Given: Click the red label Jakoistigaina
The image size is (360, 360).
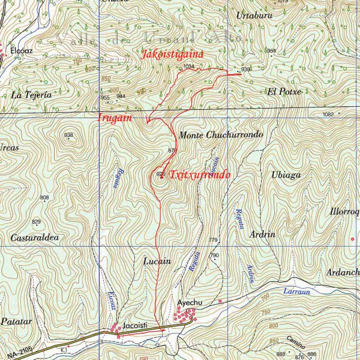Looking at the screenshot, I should pyautogui.click(x=173, y=54).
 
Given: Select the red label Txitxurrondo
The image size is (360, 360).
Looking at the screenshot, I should pyautogui.click(x=200, y=175).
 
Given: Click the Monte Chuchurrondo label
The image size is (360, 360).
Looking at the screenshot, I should pyautogui.click(x=221, y=136).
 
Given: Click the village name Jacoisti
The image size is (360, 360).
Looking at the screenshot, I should pyautogui.click(x=135, y=326).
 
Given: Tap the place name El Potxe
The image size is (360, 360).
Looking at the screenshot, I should pyautogui.click(x=284, y=91).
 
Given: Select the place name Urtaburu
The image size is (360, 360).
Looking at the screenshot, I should pyautogui.click(x=255, y=14).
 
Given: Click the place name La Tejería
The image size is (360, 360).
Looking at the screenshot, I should pyautogui.click(x=31, y=95).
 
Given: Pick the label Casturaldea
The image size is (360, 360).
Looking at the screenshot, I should pyautogui.click(x=38, y=238).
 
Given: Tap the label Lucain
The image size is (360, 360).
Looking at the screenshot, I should pyautogui.click(x=158, y=261).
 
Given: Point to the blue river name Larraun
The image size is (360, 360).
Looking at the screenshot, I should pyautogui.click(x=295, y=291).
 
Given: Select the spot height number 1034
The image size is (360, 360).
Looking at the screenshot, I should pyautogui.click(x=190, y=67).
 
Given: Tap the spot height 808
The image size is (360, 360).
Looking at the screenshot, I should pyautogui.click(x=44, y=197).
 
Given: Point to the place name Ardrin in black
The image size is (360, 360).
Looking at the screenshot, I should pyautogui.click(x=263, y=234).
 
